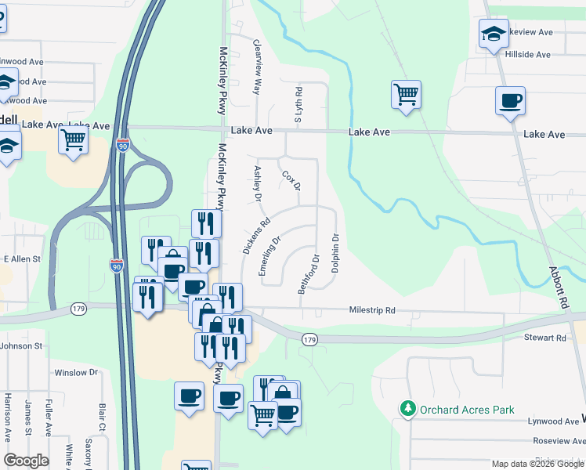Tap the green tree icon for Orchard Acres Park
click(407, 409)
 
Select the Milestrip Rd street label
click(372, 311)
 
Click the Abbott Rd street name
click(557, 290)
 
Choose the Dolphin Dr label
click(335, 252)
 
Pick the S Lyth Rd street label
click(298, 105)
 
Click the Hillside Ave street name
click(527, 55)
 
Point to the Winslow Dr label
click(76, 373)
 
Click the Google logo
click(27, 461)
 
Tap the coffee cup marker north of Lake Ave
click(510, 100)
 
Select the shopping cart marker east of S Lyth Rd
click(407, 94)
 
